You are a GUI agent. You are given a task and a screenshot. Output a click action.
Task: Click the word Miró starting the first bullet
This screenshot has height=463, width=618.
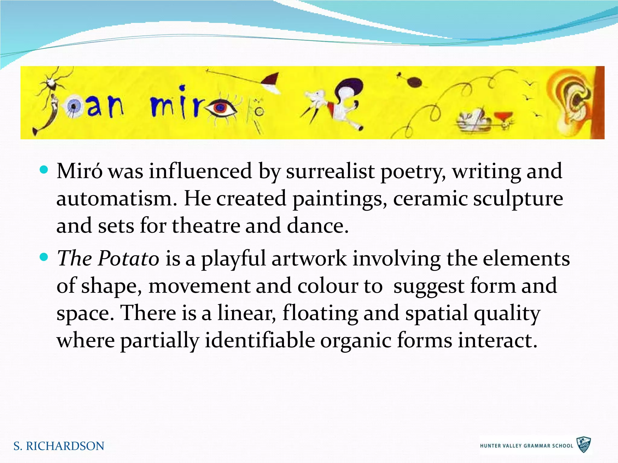point(79,171)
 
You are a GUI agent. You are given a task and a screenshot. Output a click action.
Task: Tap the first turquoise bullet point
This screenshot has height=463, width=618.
point(44,170)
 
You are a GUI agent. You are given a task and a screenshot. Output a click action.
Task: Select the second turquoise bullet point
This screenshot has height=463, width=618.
point(44,257)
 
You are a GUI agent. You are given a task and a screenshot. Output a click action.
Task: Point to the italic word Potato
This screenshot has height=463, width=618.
point(129,258)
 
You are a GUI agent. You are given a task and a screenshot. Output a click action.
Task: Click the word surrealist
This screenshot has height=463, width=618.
point(330,171)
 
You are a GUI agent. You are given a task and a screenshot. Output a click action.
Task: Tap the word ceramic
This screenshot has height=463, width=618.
point(430,199)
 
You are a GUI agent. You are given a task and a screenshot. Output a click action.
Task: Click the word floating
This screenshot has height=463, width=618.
point(320,313)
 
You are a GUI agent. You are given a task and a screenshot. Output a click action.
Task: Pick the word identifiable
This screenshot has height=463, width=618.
point(260,340)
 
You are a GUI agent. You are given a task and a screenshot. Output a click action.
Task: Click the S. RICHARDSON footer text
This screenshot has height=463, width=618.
point(59,446)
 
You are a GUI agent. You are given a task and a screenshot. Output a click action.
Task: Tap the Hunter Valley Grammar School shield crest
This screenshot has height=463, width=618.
point(584,445)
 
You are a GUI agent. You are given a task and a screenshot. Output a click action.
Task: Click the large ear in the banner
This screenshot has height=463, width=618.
point(572,101)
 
